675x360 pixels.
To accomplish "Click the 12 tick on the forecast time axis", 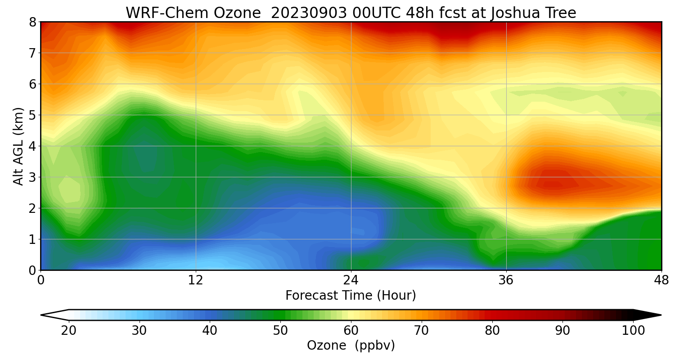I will tap(196, 280).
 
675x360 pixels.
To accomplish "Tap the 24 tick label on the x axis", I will tap(351, 280).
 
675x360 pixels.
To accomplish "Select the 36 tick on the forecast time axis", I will tap(506, 280).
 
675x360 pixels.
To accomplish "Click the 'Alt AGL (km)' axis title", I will tap(18, 146).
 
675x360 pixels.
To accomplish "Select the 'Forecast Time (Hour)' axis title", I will tap(351, 296).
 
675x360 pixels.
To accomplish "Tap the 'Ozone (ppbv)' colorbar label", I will tap(351, 346).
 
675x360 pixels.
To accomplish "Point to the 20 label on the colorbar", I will tap(69, 331).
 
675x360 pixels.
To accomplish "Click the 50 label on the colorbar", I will tap(280, 331).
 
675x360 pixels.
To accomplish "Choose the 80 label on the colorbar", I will tap(492, 331).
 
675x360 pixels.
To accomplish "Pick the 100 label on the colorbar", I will tap(633, 331).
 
